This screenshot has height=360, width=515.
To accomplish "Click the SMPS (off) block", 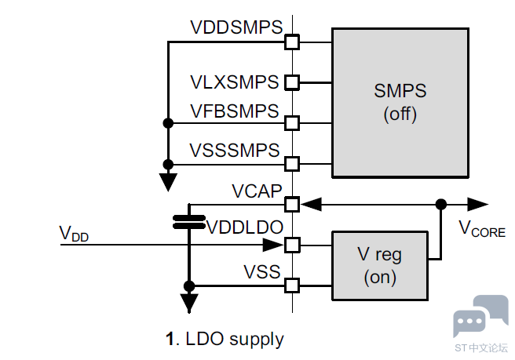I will point(400,102).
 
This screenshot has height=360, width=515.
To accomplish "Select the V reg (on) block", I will point(380,265).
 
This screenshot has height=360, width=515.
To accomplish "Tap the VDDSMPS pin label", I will point(236,27).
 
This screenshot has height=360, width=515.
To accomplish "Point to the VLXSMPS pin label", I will point(235,82).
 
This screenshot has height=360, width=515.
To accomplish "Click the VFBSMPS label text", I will point(235,111).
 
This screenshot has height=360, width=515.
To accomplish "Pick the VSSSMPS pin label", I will point(235,150).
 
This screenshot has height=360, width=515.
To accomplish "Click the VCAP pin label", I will point(255,191).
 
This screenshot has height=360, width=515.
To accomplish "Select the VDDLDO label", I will point(244,227).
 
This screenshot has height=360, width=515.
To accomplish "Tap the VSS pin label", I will point(261,271).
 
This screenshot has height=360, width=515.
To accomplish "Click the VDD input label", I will point(75,233).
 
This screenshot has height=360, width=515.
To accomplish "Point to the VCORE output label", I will point(482,230).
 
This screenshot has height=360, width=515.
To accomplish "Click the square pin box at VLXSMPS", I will point(292,82).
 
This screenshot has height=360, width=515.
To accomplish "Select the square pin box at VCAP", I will point(292,204).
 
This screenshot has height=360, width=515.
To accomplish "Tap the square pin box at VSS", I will point(292,285).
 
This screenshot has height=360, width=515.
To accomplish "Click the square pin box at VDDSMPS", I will point(292,41).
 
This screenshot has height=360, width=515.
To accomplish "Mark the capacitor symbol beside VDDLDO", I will point(188,221).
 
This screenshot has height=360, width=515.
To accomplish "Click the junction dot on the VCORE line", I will point(441,204).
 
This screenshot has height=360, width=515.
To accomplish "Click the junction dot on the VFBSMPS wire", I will point(168,123).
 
